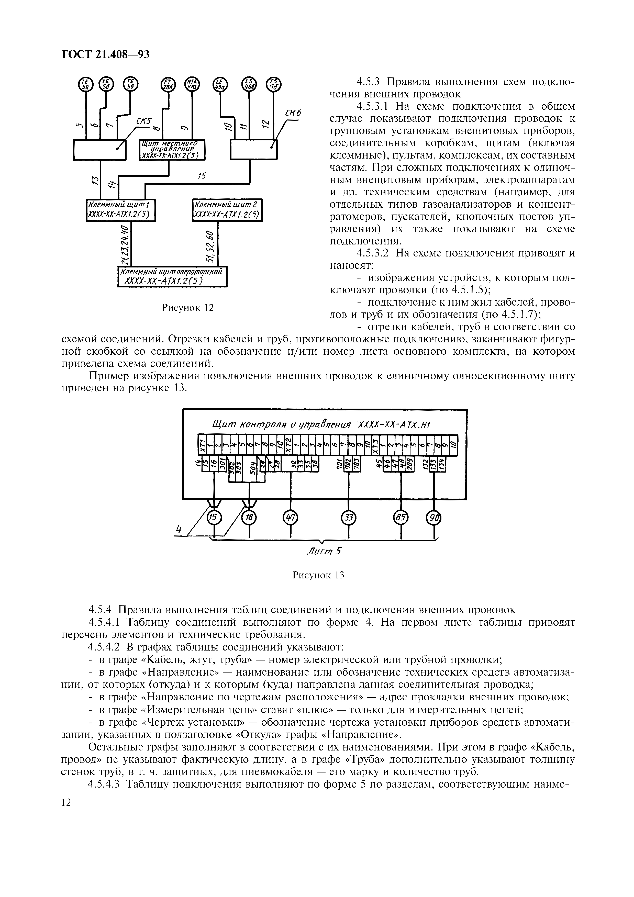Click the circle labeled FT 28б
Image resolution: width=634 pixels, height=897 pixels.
pos(168,84)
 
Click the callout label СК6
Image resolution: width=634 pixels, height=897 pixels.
pos(293,113)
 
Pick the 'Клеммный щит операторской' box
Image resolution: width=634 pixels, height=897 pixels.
pos(172,276)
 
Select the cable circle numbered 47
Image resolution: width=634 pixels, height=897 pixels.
pos(290,518)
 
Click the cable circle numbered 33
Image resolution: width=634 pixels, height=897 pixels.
pos(348,518)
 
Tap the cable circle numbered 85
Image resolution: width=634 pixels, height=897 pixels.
pos(401,518)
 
